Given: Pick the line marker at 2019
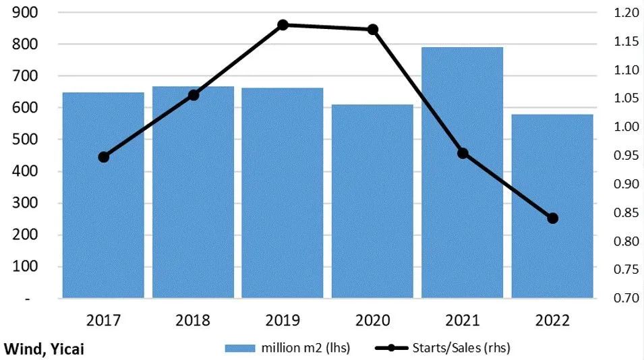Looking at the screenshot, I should (x=283, y=25).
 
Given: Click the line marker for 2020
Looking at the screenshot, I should (x=372, y=30).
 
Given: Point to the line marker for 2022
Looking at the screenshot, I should (x=553, y=218).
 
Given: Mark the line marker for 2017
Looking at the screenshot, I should (x=103, y=157).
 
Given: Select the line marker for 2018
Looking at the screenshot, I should (x=194, y=95).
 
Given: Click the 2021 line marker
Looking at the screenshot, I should (x=463, y=153).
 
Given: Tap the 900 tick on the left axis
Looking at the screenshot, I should (x=26, y=13).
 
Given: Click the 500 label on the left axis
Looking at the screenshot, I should (x=26, y=140).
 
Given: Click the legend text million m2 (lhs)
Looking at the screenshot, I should (x=307, y=348).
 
